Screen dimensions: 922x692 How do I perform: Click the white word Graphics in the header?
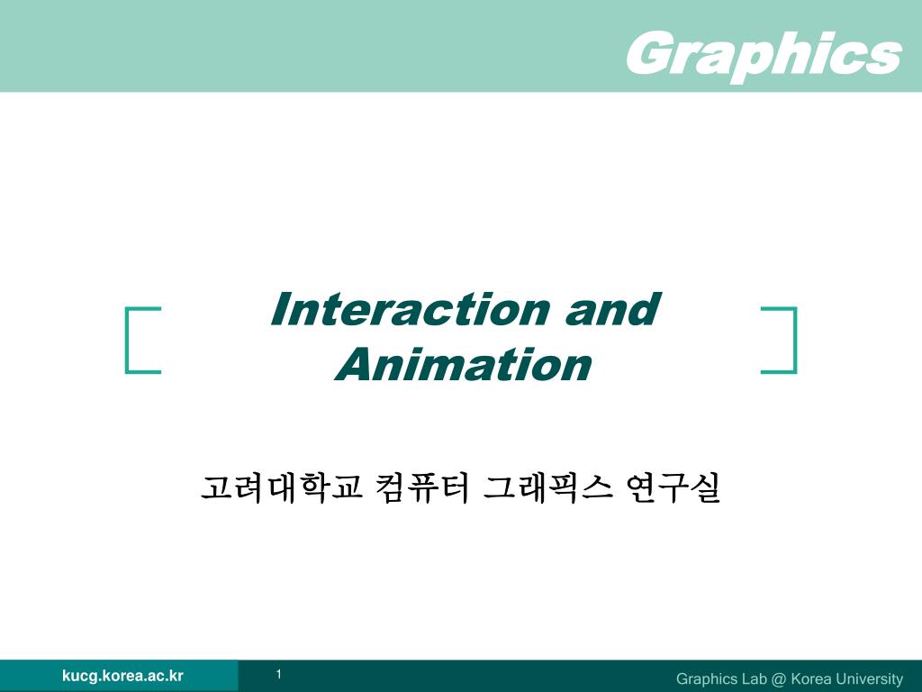pos(764,54)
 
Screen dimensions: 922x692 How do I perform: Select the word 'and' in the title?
pos(612,309)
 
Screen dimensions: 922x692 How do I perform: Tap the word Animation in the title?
pos(464,364)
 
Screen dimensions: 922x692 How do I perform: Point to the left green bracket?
pos(126,340)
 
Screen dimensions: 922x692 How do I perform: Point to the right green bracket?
pos(795,340)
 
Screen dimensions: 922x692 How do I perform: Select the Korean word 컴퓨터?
pos(422,487)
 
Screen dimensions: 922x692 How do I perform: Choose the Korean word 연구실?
pos(673,487)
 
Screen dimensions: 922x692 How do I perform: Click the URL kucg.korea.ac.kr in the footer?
pos(122,676)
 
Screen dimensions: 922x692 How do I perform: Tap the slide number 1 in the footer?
pos(279,674)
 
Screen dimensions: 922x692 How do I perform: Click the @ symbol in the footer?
pos(779,679)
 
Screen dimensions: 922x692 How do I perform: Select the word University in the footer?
pos(867,679)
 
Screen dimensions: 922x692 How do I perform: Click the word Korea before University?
pos(809,678)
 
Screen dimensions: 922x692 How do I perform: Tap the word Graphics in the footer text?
pos(706,679)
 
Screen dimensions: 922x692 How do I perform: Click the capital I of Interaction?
pos(282,309)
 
